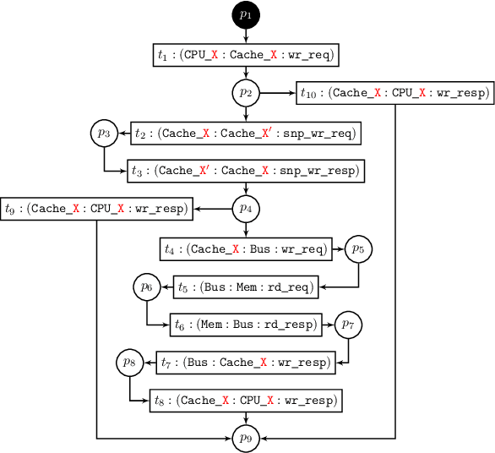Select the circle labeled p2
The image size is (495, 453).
(246, 92)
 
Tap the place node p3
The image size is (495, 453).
(104, 133)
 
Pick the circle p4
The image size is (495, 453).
(246, 208)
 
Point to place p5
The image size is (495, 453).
(358, 249)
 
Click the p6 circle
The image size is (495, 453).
(146, 287)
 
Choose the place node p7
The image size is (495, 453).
(348, 325)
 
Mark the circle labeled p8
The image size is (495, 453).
(129, 363)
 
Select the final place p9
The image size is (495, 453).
(246, 438)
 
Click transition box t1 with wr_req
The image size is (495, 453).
(246, 54)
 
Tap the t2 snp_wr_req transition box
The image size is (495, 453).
(246, 133)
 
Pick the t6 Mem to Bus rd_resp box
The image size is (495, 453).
(246, 325)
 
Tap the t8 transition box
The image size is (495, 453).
(246, 400)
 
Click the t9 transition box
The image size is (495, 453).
(97, 208)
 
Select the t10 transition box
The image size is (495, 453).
(395, 93)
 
